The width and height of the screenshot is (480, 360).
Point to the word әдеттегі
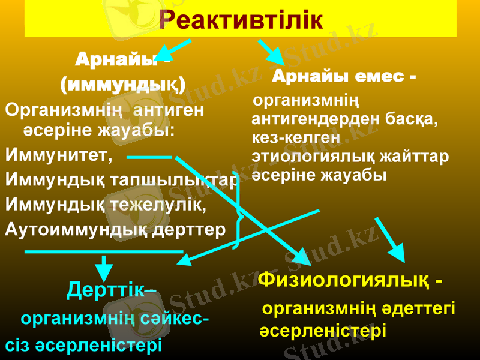[421, 310]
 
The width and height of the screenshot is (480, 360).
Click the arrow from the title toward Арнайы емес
[271, 52]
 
